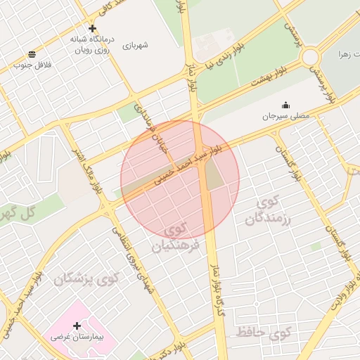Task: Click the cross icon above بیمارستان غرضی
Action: tap(77, 326)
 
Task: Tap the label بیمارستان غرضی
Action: tap(77, 337)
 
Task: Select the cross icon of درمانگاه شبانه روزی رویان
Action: tap(93, 29)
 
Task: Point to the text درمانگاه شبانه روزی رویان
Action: tap(93, 44)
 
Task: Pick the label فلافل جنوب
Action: tap(31, 65)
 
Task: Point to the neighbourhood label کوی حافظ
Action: tap(263, 333)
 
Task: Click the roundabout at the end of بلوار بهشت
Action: tap(310, 56)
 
